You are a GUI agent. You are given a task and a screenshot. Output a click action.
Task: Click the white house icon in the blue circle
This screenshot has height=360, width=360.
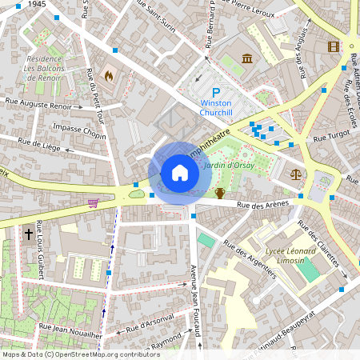point(180,172)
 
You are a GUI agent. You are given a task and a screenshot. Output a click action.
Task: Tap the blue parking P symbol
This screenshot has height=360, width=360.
point(215,94)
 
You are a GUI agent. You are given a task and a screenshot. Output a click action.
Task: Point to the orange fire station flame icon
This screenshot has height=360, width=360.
point(109,77)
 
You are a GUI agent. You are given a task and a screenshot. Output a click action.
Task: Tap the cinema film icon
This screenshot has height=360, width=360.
point(333,46)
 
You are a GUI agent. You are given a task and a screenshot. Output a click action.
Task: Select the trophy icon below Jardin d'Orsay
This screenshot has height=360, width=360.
point(220,193)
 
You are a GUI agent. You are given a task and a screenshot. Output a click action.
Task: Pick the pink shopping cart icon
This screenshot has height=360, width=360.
point(93,203)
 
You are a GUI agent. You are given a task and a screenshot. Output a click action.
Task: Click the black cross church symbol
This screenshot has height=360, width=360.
point(29,234)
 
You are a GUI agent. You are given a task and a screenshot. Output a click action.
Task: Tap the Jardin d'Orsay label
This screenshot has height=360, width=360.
point(230,166)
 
